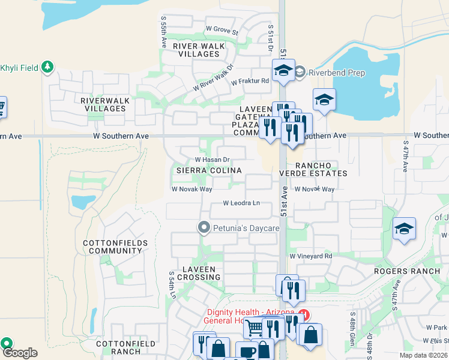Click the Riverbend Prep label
[x=337, y=73]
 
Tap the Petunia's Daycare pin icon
[x=204, y=228]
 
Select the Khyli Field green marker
[x=47, y=66]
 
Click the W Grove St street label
[x=222, y=29]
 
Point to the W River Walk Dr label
[x=213, y=79]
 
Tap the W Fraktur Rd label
[x=250, y=82]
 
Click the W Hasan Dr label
[x=212, y=160]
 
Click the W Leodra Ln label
[x=241, y=203]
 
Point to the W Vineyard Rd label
[x=310, y=256]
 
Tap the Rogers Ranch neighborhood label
[x=407, y=271]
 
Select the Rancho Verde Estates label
[x=313, y=169]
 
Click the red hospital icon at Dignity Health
[x=304, y=314]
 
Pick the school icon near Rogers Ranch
[x=404, y=228]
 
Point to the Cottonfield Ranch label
[x=125, y=347]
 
